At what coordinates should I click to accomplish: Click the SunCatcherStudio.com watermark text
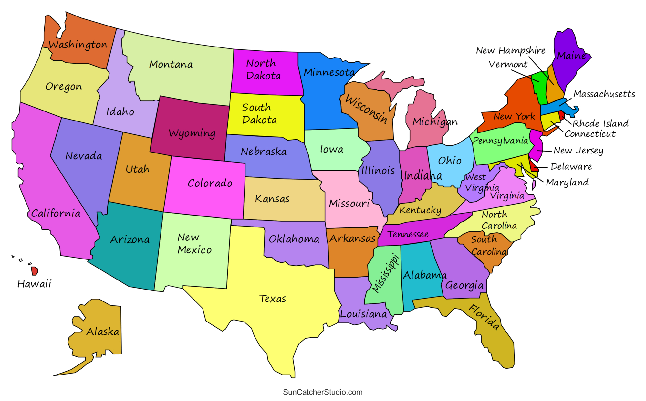pos(323,392)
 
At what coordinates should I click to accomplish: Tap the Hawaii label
pos(34,284)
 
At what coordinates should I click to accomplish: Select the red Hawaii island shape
pos(35,271)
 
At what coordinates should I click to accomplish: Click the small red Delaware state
pos(533,165)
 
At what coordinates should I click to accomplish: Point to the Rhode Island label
pos(600,123)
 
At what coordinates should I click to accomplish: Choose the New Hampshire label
pos(511,50)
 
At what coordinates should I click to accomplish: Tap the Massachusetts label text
pos(604,94)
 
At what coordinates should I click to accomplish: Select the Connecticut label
pos(590,134)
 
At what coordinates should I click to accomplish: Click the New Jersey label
pos(578,151)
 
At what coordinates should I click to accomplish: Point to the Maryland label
pos(567,183)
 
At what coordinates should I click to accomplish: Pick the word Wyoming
pos(192,133)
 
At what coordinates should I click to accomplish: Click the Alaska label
pos(103,332)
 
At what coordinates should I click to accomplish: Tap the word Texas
pos(272,299)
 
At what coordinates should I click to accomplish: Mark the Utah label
pos(137,169)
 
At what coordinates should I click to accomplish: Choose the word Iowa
pos(331,149)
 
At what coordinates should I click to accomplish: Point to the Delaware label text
pos(571,167)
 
